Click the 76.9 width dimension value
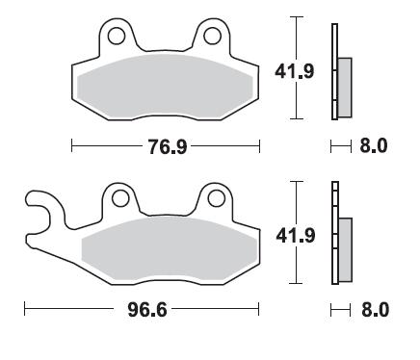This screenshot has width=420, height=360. pos(168,146)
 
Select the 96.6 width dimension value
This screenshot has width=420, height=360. pos(147,310)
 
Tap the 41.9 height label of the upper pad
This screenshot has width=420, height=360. pos(295,71)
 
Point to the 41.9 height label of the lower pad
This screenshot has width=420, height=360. pos(296,236)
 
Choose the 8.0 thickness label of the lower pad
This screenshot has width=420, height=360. pos(375,310)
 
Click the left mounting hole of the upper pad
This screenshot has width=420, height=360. pos(117,36)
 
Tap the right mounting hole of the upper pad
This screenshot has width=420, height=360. pos(212,36)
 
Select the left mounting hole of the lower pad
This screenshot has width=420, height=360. pos(120,198)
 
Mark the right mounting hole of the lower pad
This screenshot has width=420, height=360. pos(216,198)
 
